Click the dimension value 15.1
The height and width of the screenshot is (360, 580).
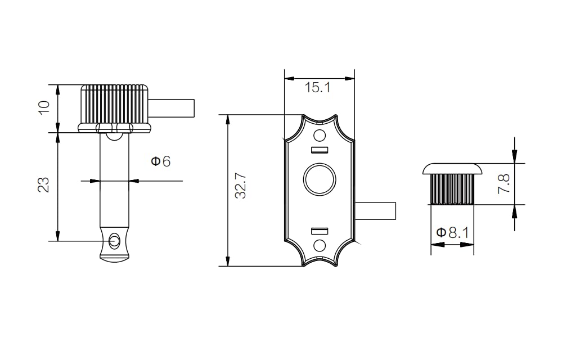(317, 88)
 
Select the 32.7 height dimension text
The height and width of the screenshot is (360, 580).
(240, 186)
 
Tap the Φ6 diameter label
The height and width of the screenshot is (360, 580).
(160, 161)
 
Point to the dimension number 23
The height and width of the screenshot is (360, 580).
(44, 185)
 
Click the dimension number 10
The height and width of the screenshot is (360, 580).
(44, 107)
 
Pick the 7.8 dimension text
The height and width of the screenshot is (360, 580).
(504, 184)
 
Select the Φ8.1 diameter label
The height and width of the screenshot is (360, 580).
(453, 233)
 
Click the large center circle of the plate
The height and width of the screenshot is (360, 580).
(320, 179)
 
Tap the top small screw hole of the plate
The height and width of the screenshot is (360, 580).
(320, 136)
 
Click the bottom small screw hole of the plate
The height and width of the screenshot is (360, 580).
(320, 245)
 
